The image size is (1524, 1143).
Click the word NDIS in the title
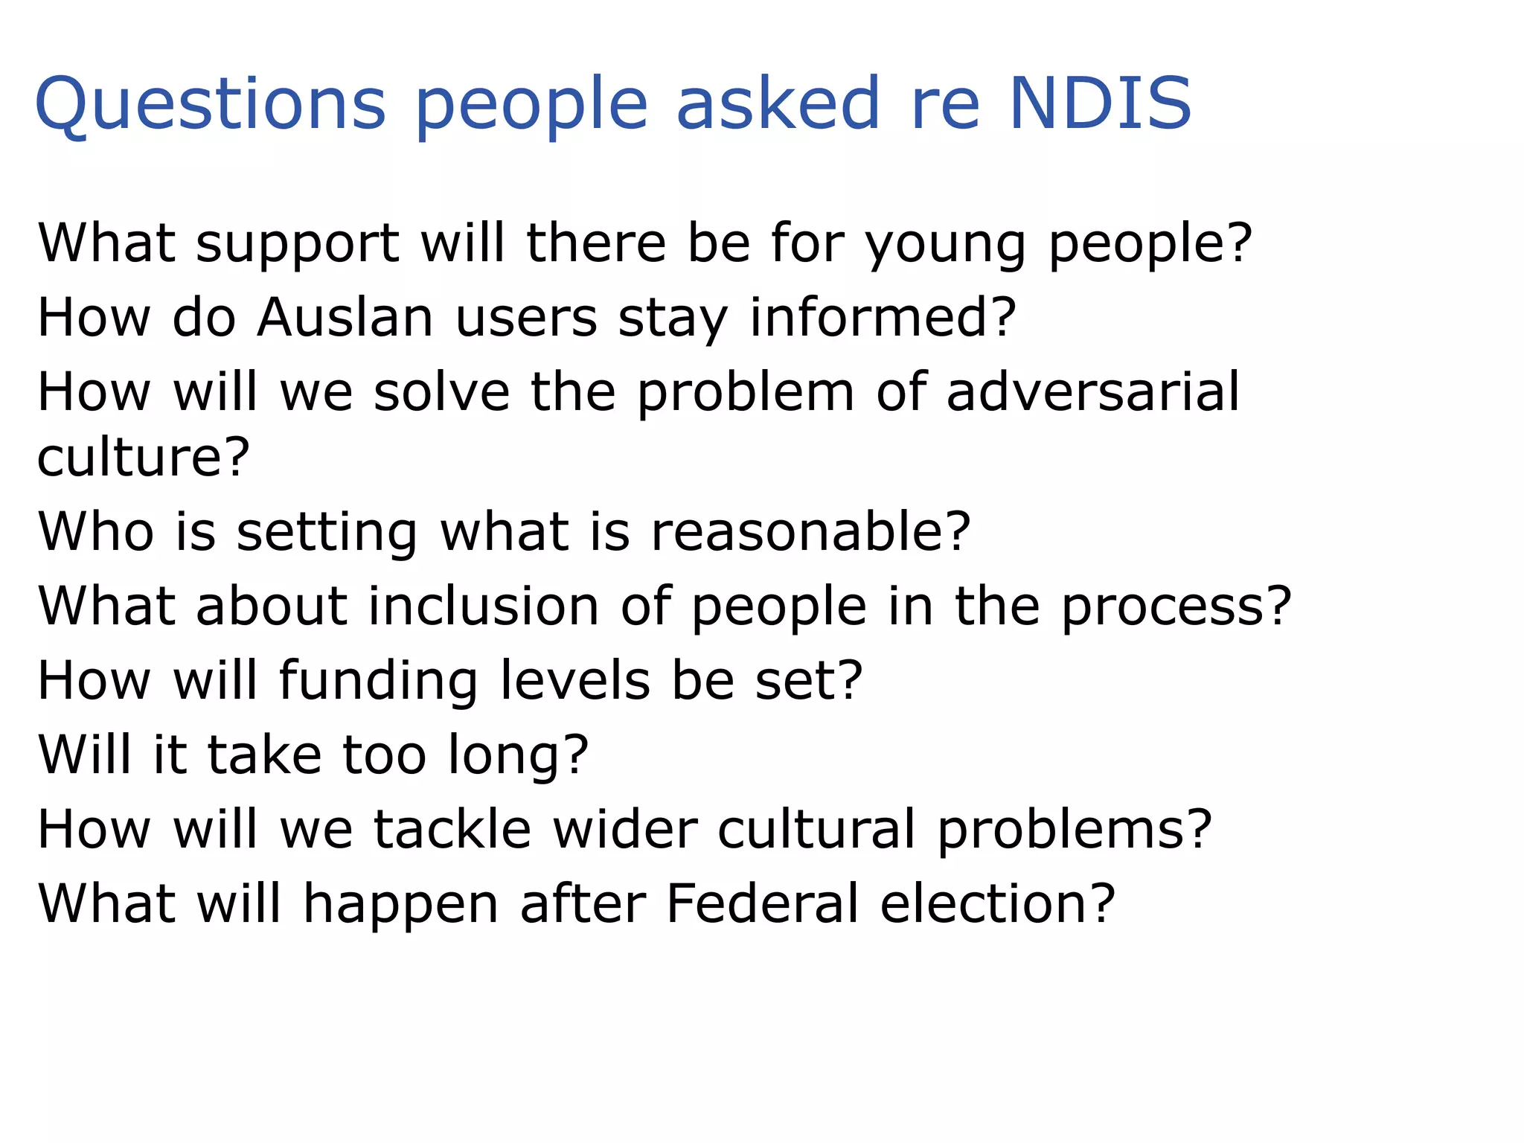[1100, 103]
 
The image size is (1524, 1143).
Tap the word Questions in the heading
[211, 103]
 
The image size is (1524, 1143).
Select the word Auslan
[345, 318]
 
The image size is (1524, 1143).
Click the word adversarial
[1093, 391]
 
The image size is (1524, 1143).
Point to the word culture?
[144, 457]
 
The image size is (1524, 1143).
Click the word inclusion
[484, 606]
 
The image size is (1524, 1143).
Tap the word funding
[378, 682]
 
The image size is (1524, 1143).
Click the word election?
[998, 903]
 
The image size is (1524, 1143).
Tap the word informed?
[883, 318]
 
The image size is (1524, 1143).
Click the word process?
[1176, 607]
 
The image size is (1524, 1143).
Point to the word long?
[518, 756]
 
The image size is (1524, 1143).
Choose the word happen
[400, 905]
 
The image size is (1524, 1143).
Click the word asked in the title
[778, 103]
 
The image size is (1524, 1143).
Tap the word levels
[574, 680]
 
